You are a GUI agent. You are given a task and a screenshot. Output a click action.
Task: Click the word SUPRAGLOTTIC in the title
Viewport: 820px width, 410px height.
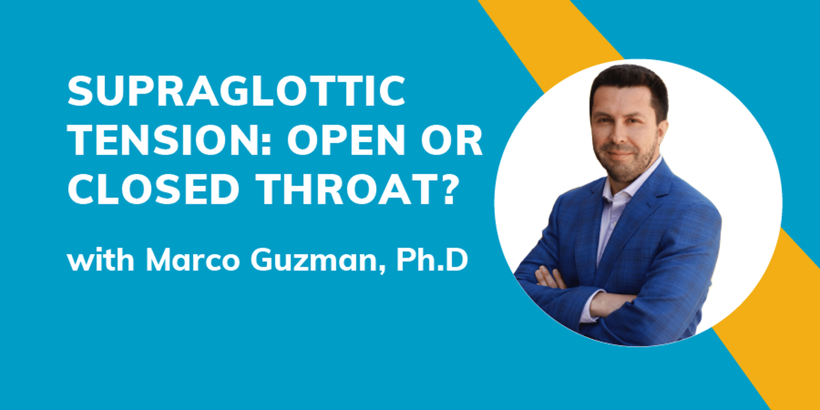(236, 91)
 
